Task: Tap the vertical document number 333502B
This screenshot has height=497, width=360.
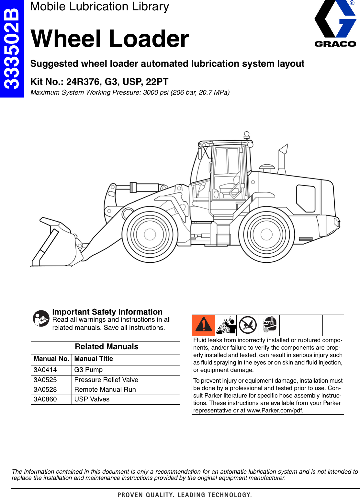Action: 12,49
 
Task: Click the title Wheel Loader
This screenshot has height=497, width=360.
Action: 109,39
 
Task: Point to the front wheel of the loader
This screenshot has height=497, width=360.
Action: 150,234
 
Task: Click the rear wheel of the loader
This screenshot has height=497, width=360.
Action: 266,234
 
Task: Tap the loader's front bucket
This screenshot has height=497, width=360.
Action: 57,245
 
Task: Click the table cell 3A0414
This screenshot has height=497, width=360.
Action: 45,370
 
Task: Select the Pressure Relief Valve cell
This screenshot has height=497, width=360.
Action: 106,380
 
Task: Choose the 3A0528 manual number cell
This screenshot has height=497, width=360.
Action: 45,389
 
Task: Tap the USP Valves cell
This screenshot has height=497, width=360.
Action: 92,399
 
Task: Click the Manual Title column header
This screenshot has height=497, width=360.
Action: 94,359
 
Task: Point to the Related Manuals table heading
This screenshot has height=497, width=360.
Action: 107,347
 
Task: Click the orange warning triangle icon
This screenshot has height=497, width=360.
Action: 203,325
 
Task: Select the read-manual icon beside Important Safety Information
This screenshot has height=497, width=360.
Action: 41,318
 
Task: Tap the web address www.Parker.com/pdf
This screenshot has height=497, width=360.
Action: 275,410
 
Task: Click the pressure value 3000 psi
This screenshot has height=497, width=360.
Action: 156,92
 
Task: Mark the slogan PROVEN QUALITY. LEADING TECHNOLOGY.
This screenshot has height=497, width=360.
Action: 185,494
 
